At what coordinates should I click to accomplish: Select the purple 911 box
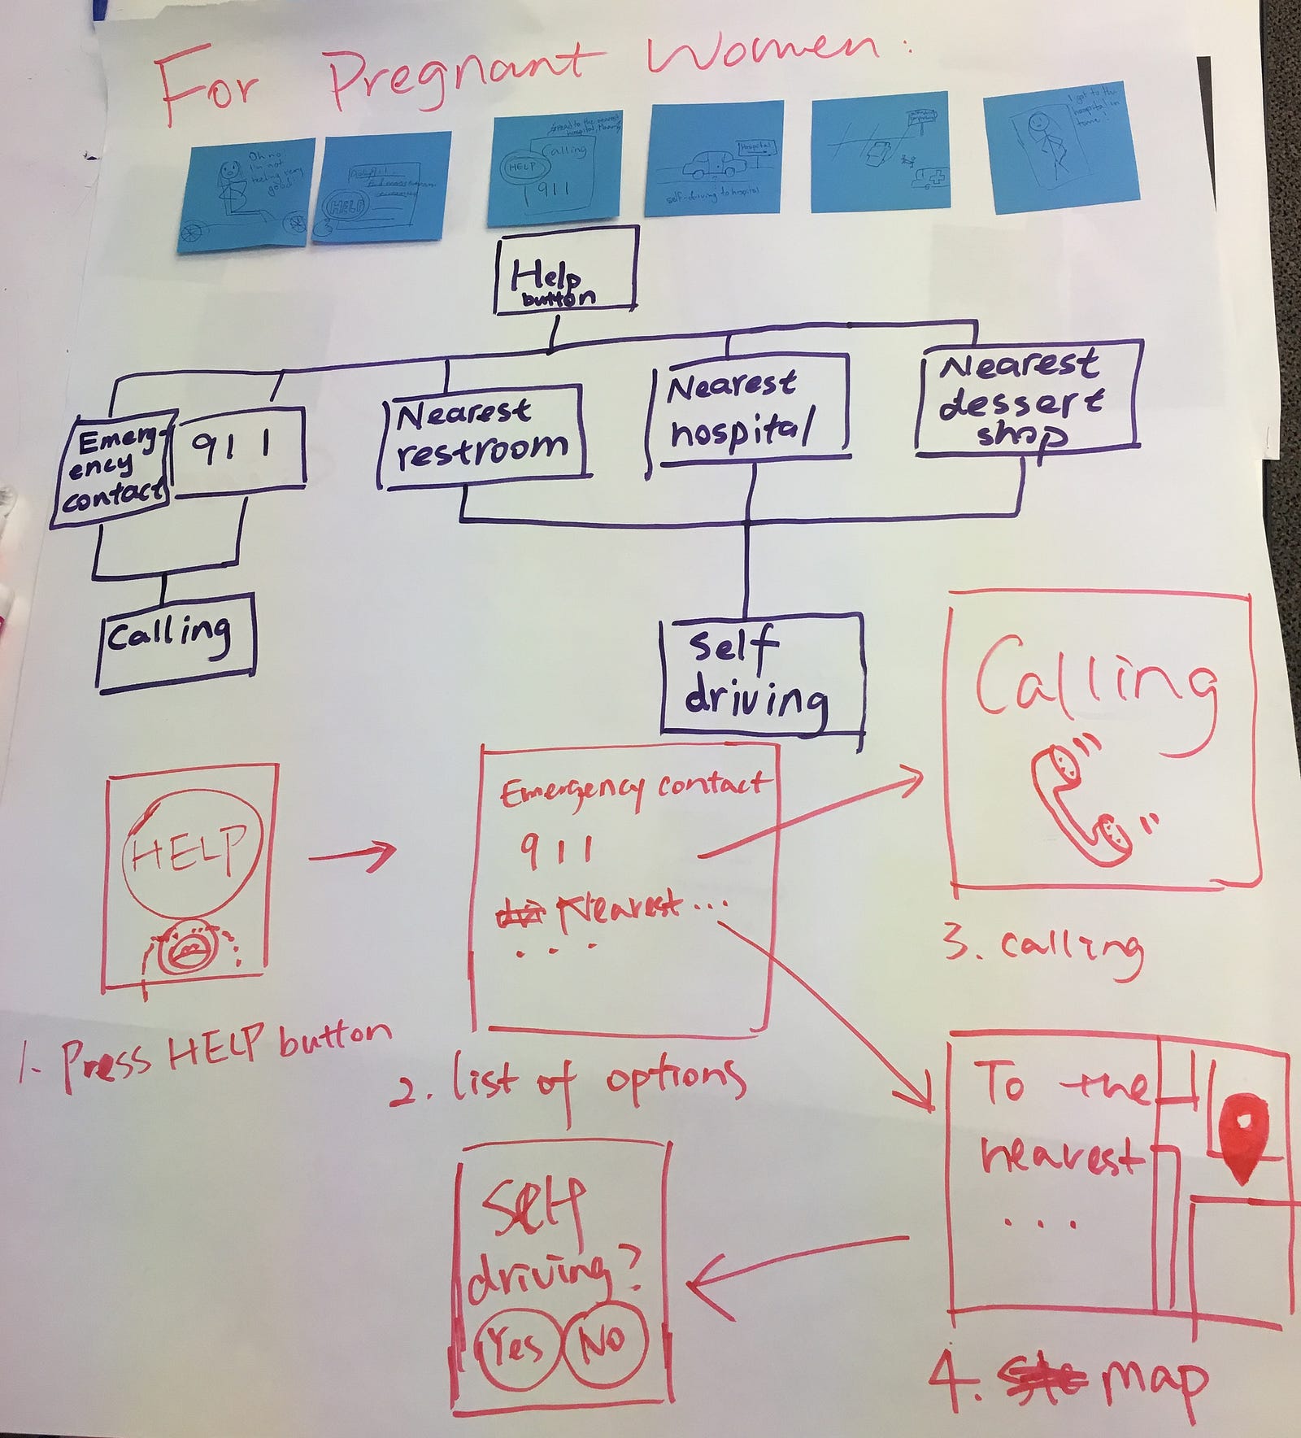(240, 448)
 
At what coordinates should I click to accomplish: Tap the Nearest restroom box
(485, 436)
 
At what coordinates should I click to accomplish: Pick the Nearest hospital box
(748, 411)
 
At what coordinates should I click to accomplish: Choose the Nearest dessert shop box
(1028, 399)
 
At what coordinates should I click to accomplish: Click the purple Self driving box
(761, 673)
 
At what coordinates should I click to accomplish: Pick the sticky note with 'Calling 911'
(555, 168)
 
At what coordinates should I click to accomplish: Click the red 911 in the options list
(558, 852)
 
